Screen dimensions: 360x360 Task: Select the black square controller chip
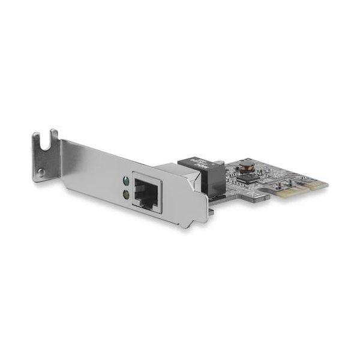click(x=244, y=178)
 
